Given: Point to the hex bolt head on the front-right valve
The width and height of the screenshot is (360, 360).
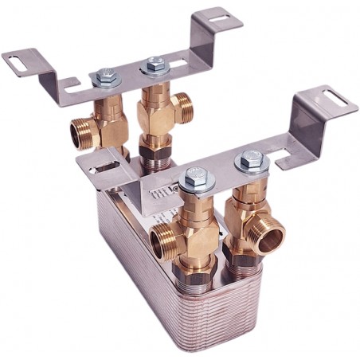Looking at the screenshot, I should click(248, 159).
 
